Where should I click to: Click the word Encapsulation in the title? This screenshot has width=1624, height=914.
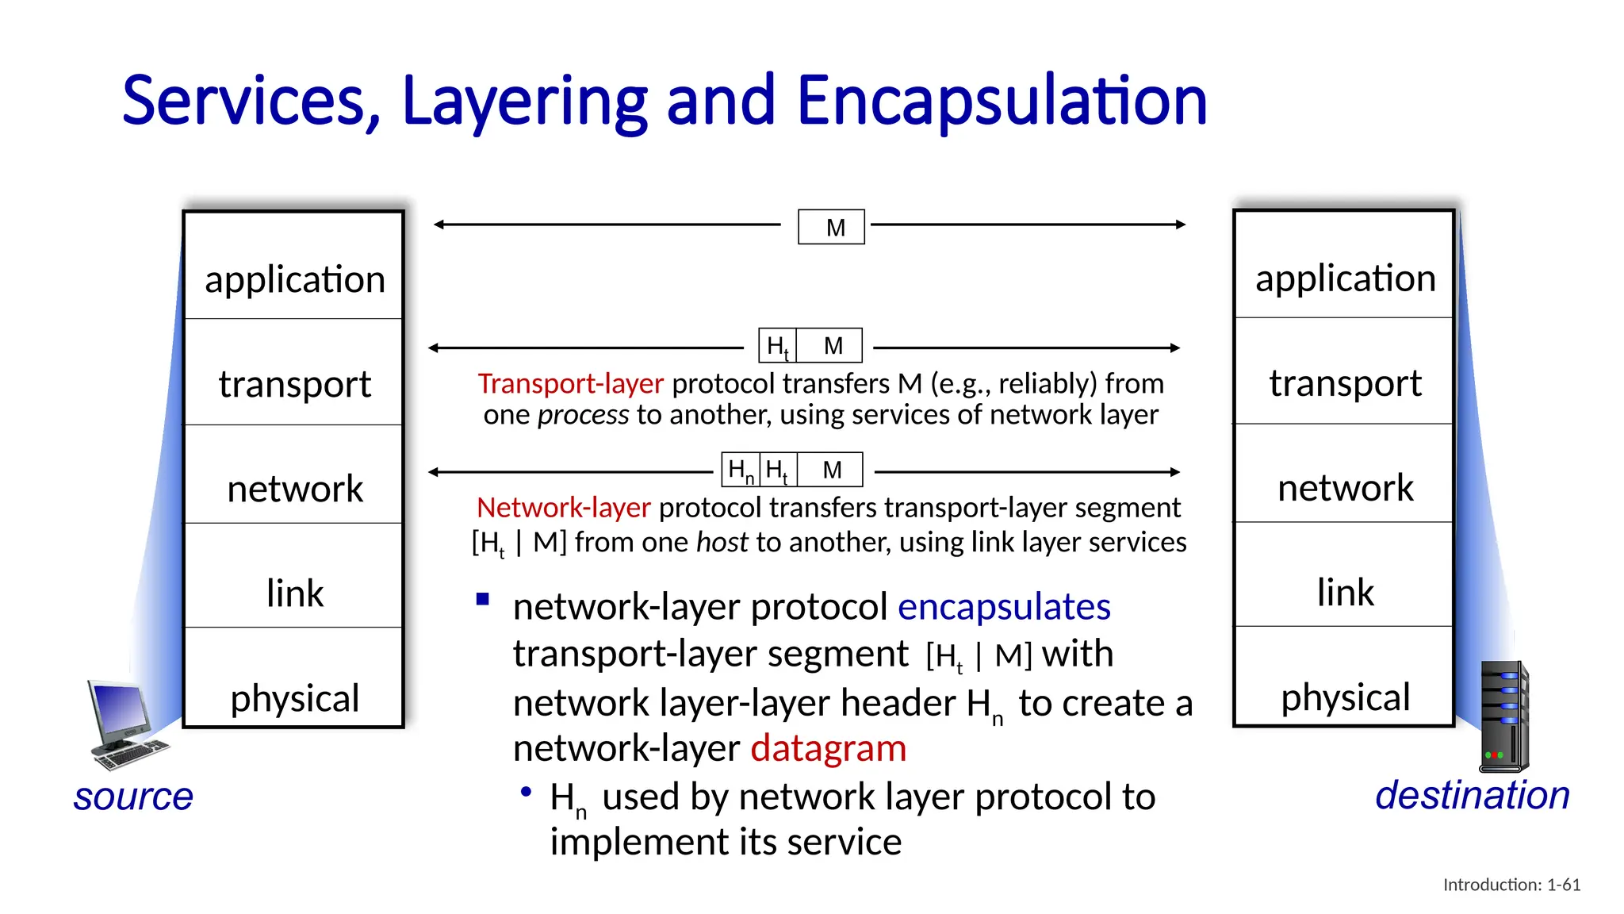(1001, 101)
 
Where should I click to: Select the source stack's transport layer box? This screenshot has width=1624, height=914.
(294, 372)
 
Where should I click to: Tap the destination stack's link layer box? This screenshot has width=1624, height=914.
(1344, 574)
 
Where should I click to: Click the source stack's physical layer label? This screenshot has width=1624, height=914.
(294, 698)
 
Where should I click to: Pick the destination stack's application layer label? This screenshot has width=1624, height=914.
(1345, 278)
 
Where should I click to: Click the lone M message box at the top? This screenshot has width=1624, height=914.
(831, 227)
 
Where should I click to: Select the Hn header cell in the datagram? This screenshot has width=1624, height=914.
(741, 470)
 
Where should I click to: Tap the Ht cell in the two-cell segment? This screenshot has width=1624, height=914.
(777, 346)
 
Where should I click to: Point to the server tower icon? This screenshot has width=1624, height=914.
(1504, 716)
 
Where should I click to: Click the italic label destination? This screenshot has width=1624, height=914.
(1472, 795)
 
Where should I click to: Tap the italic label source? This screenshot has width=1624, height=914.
(133, 797)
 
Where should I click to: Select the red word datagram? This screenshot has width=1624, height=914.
(828, 748)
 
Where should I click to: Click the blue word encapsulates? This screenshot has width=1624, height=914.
(1003, 607)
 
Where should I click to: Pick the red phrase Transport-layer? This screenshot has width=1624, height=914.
(570, 384)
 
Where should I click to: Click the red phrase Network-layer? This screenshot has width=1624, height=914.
(563, 508)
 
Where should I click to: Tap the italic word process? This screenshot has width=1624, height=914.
(583, 415)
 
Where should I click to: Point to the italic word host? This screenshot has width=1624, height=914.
(722, 542)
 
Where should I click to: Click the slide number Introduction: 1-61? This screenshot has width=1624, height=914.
(1511, 885)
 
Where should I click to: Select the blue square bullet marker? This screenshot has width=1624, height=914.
(483, 599)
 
